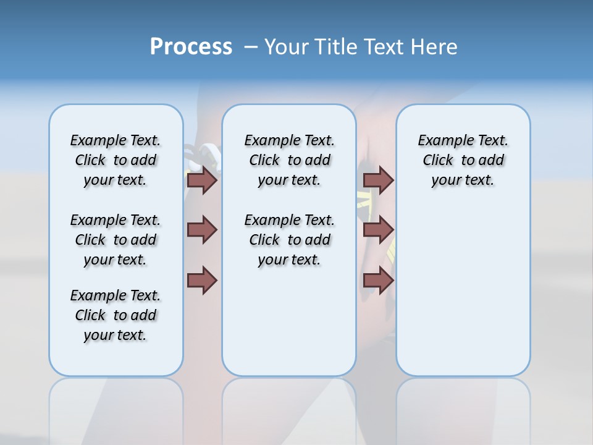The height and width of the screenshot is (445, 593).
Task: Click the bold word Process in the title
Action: [191, 47]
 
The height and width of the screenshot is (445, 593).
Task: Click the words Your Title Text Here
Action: [361, 47]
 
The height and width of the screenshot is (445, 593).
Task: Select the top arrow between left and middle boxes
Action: [202, 180]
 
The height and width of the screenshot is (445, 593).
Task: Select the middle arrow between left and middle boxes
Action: [202, 230]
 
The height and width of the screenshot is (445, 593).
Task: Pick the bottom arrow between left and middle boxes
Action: [202, 280]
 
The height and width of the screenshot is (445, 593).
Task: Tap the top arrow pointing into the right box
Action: [378, 180]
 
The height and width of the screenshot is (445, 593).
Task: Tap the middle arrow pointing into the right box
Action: [378, 230]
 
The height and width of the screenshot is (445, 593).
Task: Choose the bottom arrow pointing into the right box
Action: [378, 280]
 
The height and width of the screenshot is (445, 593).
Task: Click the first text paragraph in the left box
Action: [116, 160]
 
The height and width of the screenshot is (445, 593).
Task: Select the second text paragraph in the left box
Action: [116, 240]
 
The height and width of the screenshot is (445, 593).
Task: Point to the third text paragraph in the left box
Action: [116, 315]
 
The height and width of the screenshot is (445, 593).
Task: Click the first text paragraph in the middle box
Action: [289, 160]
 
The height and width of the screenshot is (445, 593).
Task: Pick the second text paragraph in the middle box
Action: [289, 240]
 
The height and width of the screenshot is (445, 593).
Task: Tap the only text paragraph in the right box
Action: [463, 160]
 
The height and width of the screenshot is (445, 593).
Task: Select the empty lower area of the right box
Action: [463, 297]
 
